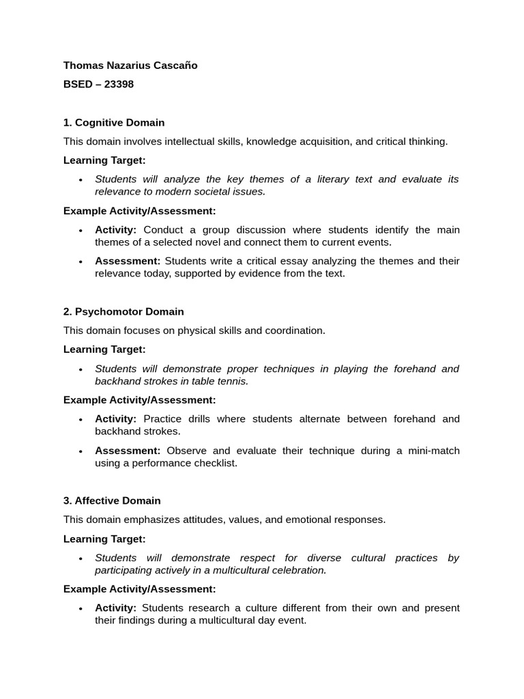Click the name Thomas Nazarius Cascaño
click(130, 66)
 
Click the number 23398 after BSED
click(119, 85)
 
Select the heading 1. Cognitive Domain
click(114, 123)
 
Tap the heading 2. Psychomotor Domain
click(123, 312)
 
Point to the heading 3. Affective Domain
click(112, 501)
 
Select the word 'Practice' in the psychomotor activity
click(163, 419)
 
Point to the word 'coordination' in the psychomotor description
click(294, 331)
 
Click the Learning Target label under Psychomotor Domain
click(104, 349)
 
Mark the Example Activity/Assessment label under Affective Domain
click(139, 589)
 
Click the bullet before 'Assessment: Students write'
click(81, 262)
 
